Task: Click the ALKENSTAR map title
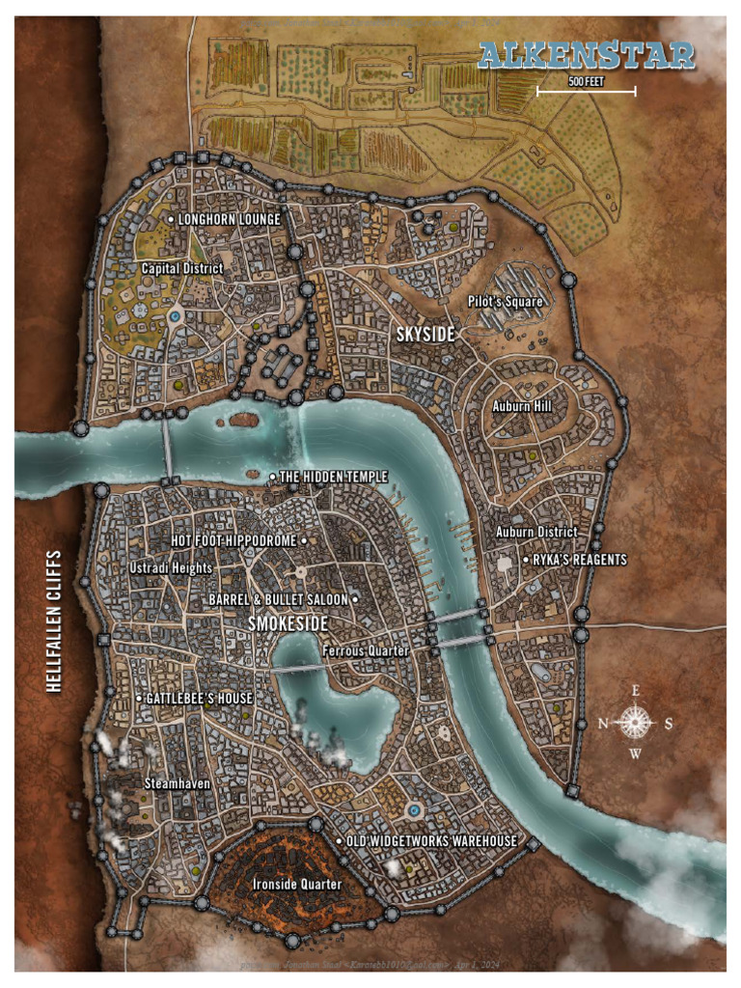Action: point(587,55)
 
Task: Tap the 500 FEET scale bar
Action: point(586,90)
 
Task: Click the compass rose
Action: point(634,721)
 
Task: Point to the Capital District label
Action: point(182,268)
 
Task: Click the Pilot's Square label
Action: point(506,302)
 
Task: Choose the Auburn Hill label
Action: point(522,407)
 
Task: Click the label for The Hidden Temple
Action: point(334,478)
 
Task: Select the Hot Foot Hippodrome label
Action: point(234,541)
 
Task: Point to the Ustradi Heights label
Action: point(171,568)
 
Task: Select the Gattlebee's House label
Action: point(200,699)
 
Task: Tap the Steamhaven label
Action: point(178,783)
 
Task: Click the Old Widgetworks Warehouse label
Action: point(431,841)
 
